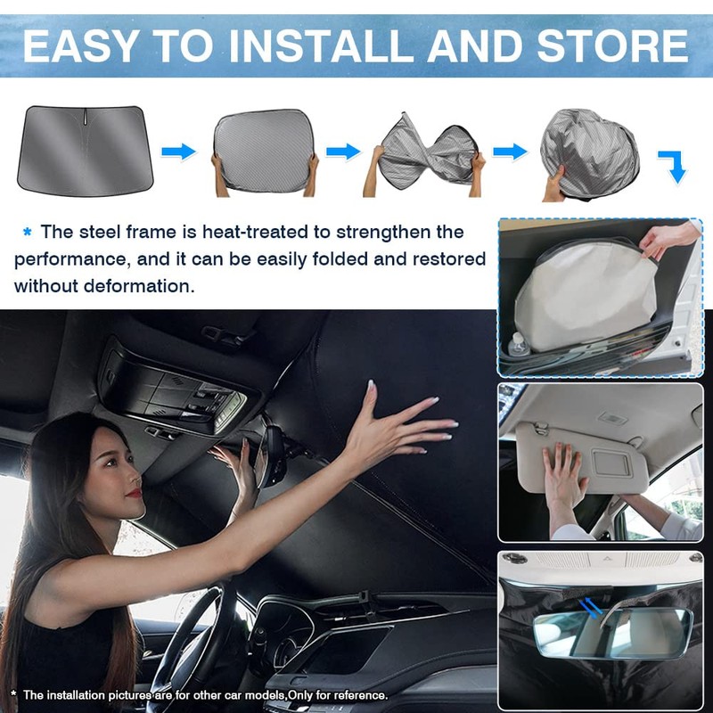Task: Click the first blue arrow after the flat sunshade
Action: (x=179, y=152)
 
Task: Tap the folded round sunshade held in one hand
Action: (x=588, y=147)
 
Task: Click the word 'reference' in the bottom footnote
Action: (x=356, y=695)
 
